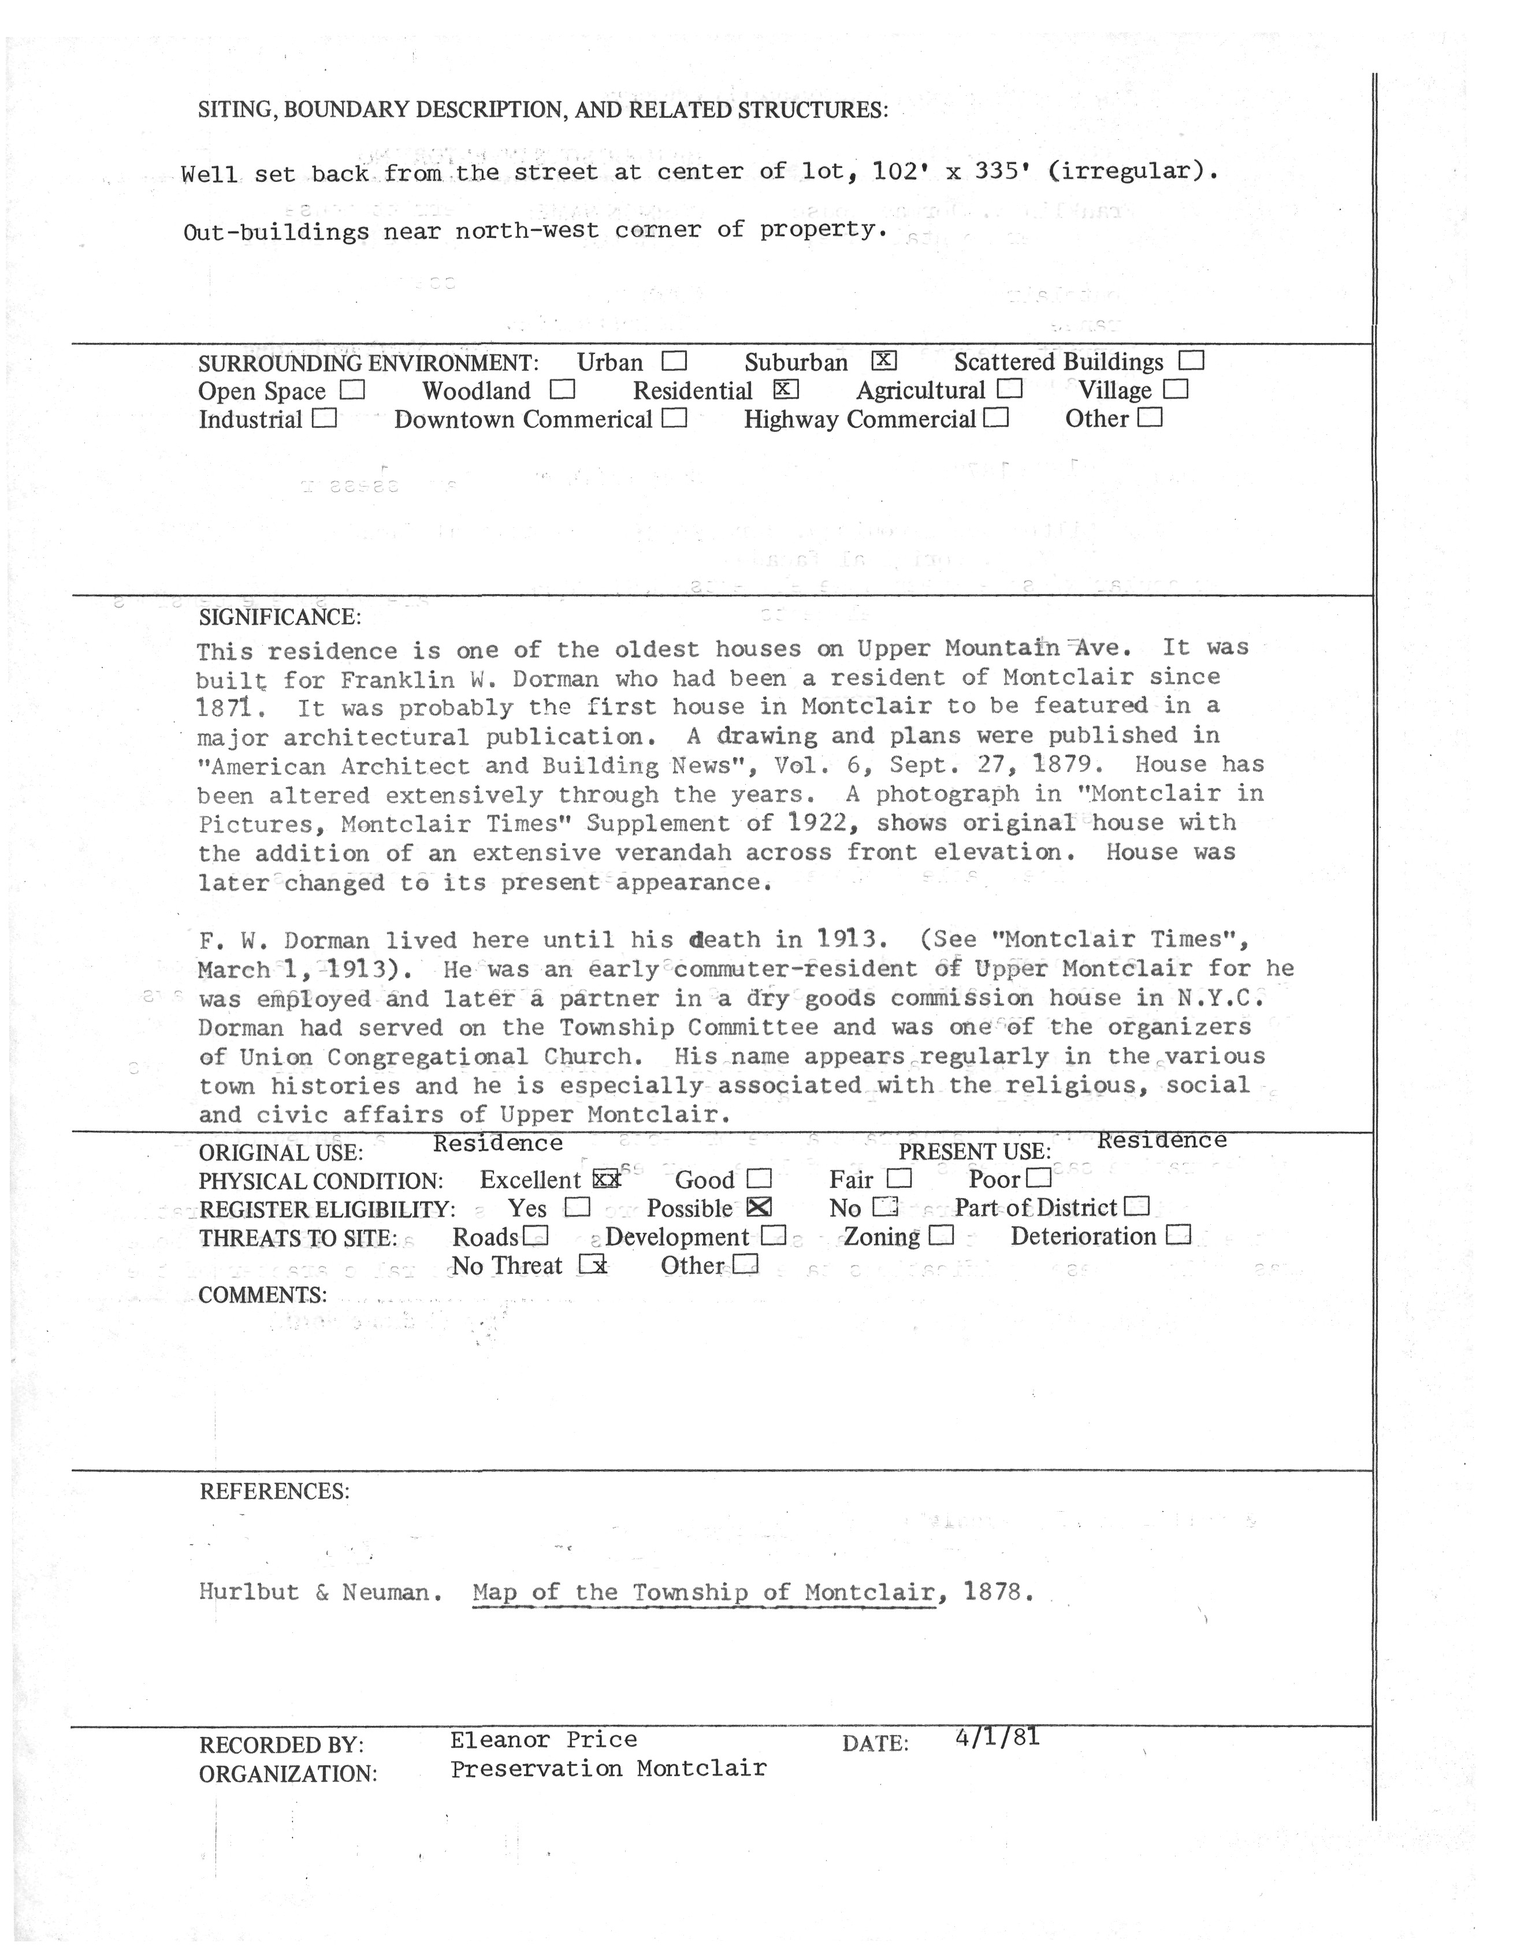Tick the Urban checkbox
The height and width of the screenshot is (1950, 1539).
click(674, 361)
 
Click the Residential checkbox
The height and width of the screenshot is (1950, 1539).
click(787, 389)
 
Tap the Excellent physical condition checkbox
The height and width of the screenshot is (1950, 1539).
click(607, 1179)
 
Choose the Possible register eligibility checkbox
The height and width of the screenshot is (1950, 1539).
click(760, 1208)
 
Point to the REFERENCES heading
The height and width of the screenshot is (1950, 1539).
click(274, 1492)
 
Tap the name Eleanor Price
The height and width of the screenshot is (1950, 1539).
click(544, 1740)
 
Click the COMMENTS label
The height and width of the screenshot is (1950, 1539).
click(262, 1295)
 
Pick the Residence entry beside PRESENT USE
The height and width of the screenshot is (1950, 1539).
click(1161, 1140)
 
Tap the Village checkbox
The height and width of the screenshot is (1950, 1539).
click(1176, 389)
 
